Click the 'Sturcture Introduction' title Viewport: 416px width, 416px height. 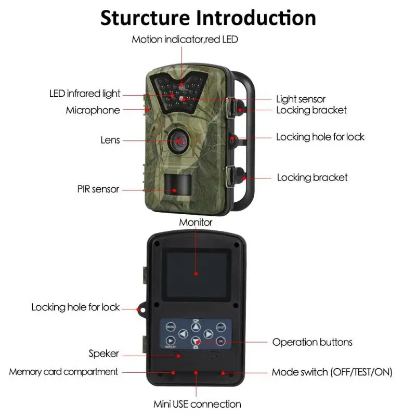(x=208, y=17)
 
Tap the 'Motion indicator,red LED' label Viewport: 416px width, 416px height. (x=185, y=40)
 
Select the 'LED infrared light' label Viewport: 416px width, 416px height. (x=85, y=94)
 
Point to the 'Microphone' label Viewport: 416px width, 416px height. (x=93, y=110)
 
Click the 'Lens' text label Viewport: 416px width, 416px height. (x=110, y=140)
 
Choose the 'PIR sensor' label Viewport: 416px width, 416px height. (x=98, y=189)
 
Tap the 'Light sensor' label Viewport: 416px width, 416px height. (x=301, y=99)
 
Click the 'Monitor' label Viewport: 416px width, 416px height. (x=196, y=223)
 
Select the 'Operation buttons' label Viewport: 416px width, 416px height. (x=313, y=342)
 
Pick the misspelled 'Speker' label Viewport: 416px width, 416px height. (x=103, y=354)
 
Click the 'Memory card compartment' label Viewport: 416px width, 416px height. (x=63, y=372)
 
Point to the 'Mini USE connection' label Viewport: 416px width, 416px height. (x=197, y=404)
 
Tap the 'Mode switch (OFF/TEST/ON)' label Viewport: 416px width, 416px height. (x=332, y=372)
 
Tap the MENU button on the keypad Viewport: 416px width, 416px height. (x=171, y=327)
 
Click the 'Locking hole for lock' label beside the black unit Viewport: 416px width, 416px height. (x=75, y=307)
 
